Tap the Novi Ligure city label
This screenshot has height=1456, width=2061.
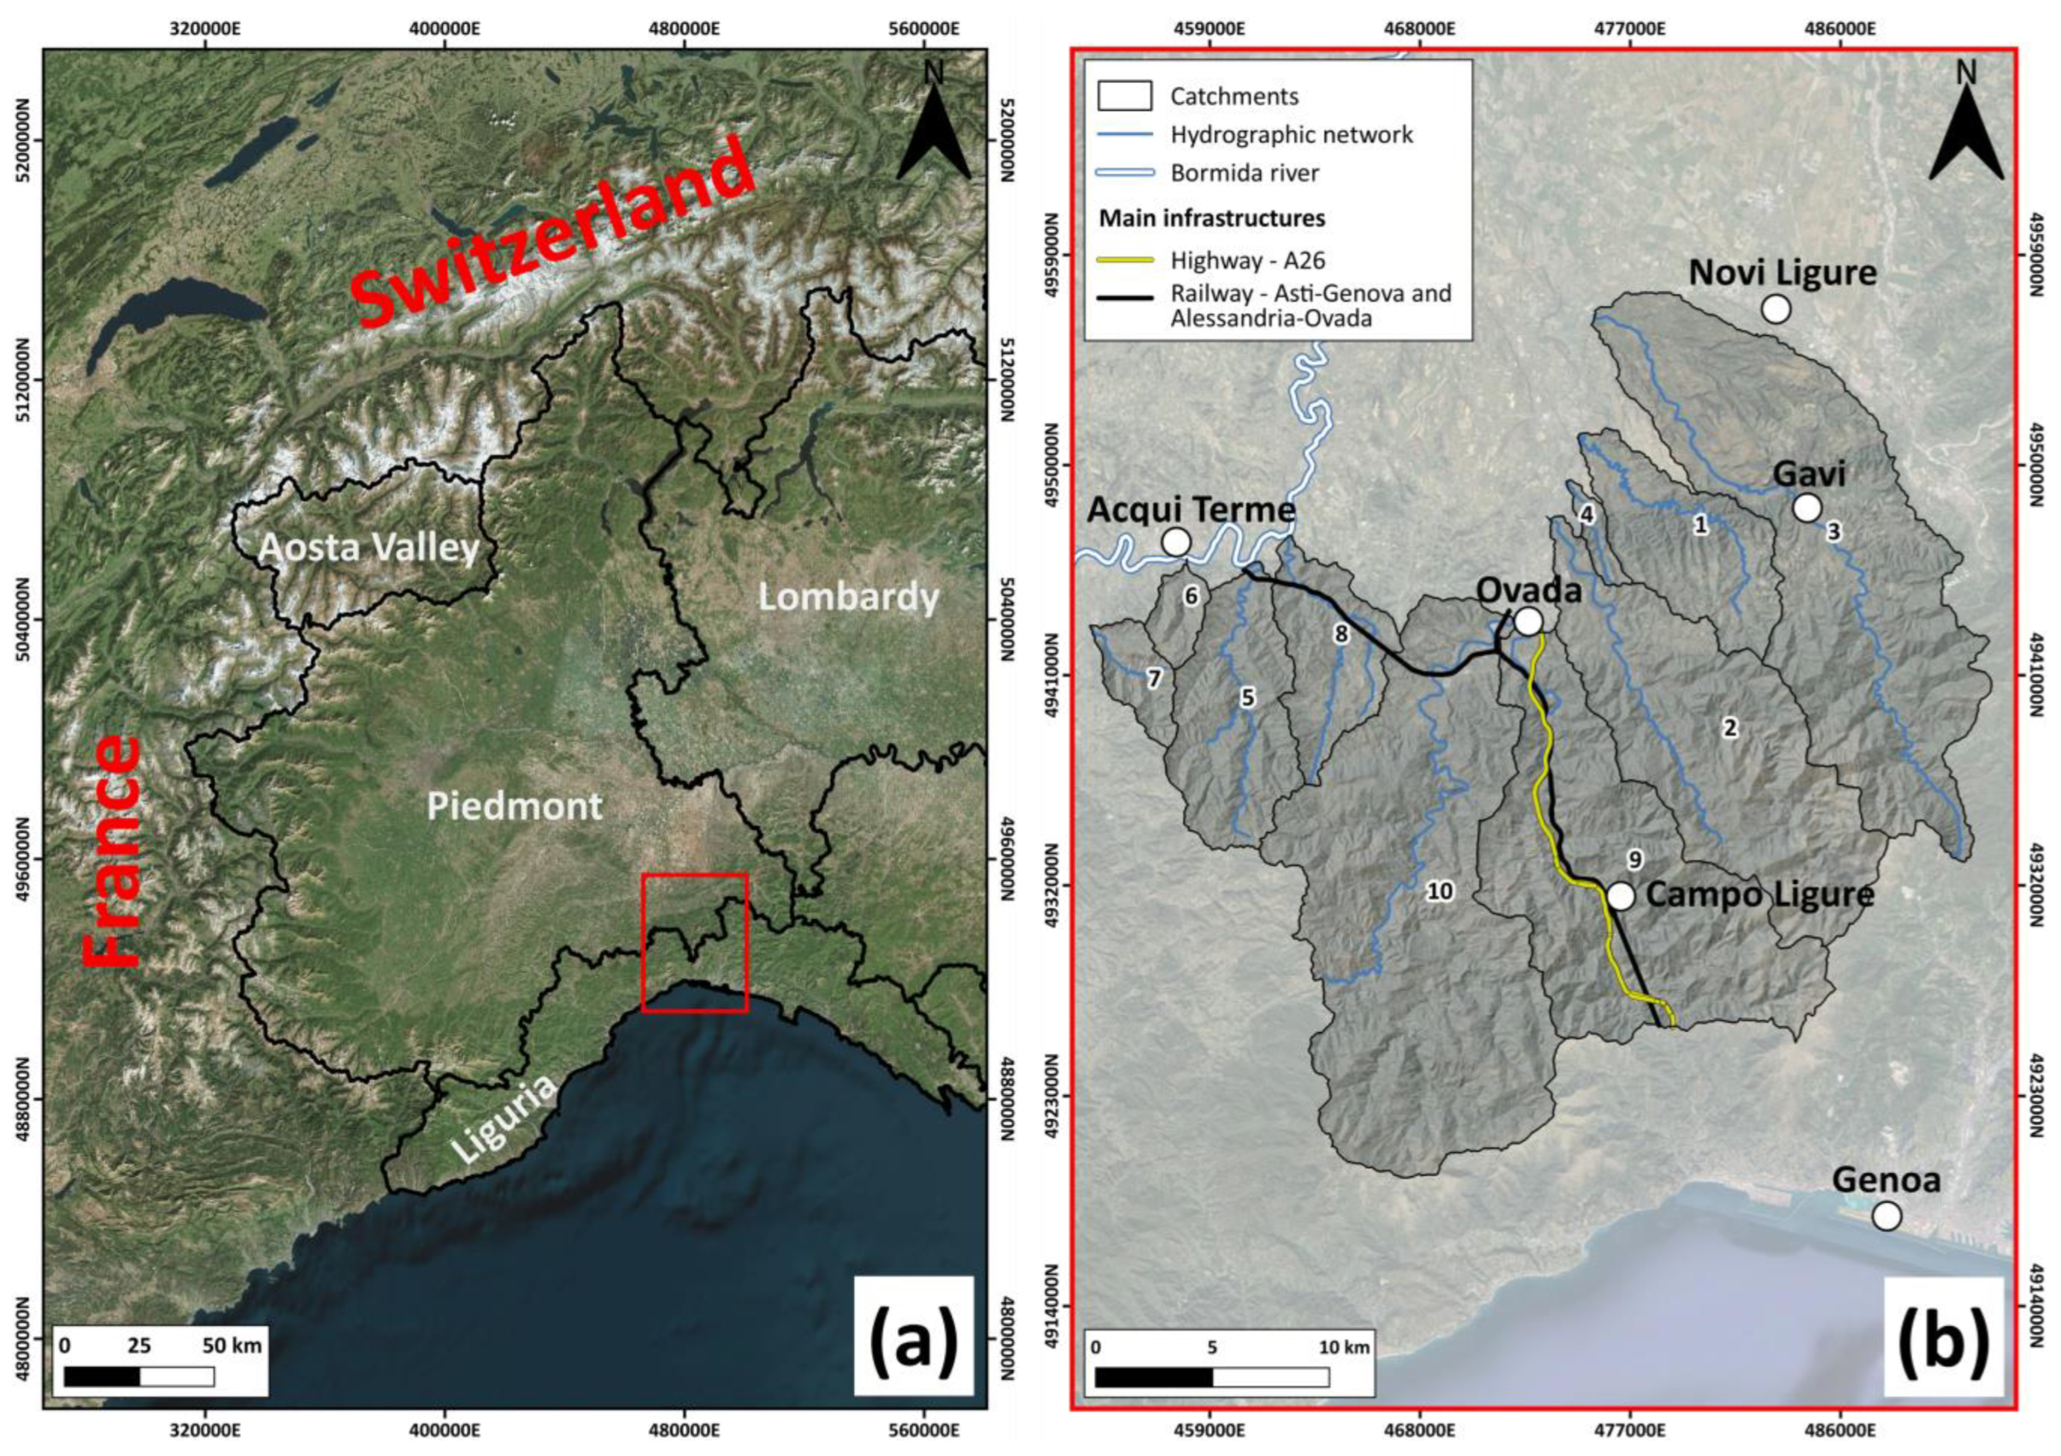coord(1782,273)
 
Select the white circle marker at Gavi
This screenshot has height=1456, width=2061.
coord(1806,508)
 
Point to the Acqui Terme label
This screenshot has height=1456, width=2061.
coord(1191,510)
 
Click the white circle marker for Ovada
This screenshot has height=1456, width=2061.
coord(1528,621)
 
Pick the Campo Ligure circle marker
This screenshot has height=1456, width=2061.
coord(1620,896)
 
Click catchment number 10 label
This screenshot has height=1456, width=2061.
coord(1439,890)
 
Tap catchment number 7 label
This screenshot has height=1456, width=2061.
coord(1154,679)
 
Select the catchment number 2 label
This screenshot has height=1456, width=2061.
coord(1729,727)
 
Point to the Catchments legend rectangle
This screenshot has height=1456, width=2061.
coord(1125,96)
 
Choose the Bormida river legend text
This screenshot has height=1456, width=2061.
coord(1244,173)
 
